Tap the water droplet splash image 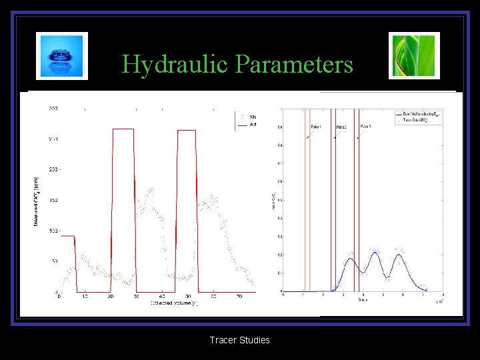click(x=62, y=55)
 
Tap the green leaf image click(x=414, y=55)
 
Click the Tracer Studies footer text click(x=239, y=340)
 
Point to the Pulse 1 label click(x=316, y=126)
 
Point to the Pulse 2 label click(x=341, y=126)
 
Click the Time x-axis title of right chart click(x=361, y=301)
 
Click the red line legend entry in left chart click(x=249, y=125)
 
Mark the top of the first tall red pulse click(x=123, y=129)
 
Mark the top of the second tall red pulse click(x=187, y=129)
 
